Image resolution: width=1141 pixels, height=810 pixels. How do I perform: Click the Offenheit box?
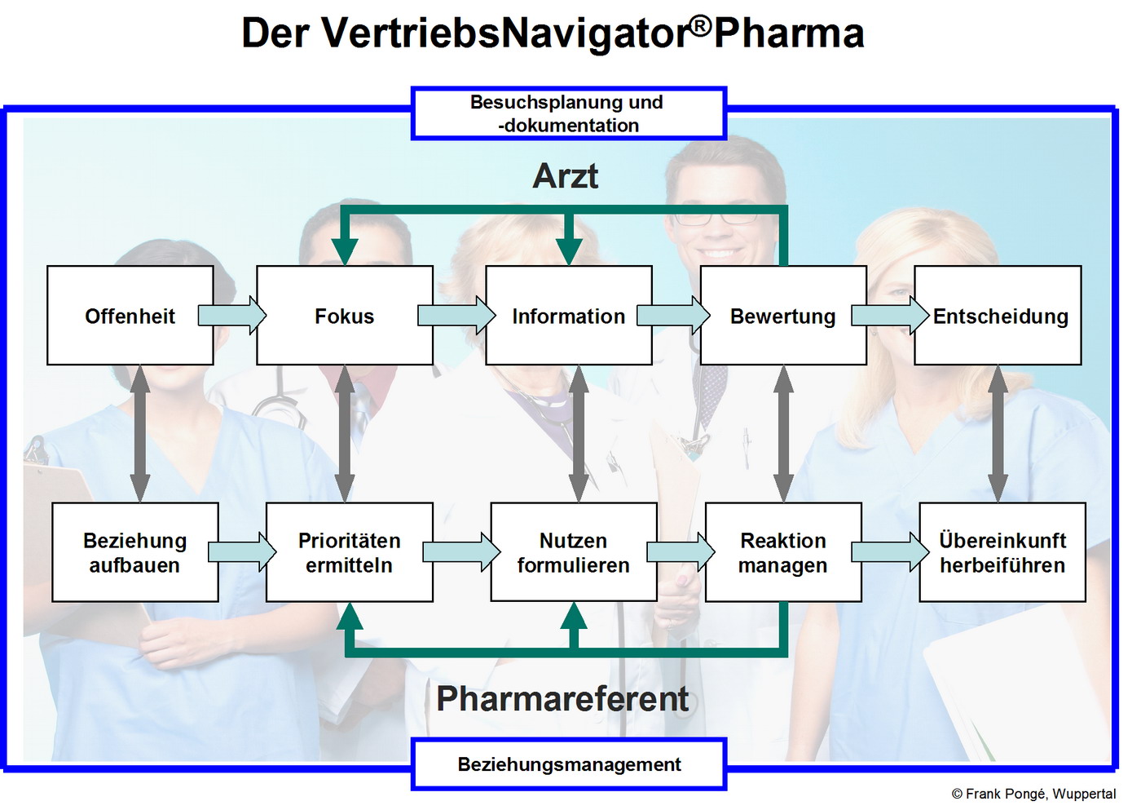pyautogui.click(x=130, y=316)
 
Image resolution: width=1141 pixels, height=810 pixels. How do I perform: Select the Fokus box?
pyautogui.click(x=344, y=316)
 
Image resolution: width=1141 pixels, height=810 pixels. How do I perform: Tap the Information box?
pyautogui.click(x=568, y=316)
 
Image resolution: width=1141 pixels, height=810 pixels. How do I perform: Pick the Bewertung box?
pyautogui.click(x=782, y=316)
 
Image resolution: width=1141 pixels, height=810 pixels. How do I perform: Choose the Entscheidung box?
pyautogui.click(x=999, y=316)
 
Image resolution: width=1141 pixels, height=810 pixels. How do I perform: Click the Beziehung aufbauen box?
pyautogui.click(x=135, y=552)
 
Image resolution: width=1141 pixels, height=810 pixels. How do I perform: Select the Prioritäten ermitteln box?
pyautogui.click(x=349, y=552)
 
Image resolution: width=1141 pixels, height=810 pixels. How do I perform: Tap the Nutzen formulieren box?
pyautogui.click(x=573, y=552)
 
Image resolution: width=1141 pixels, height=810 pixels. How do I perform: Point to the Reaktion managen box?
pyautogui.click(x=782, y=552)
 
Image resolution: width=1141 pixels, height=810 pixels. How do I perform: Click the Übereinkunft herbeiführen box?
pyautogui.click(x=1002, y=552)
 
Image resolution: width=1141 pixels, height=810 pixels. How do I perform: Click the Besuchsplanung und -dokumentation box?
pyautogui.click(x=568, y=113)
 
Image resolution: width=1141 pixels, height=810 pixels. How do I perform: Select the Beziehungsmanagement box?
pyautogui.click(x=568, y=764)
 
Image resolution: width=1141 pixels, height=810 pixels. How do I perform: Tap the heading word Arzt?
pyautogui.click(x=565, y=176)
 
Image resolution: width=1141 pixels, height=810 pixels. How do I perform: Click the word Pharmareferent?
pyautogui.click(x=562, y=699)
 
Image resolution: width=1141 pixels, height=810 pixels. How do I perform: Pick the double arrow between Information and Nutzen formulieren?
pyautogui.click(x=579, y=433)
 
